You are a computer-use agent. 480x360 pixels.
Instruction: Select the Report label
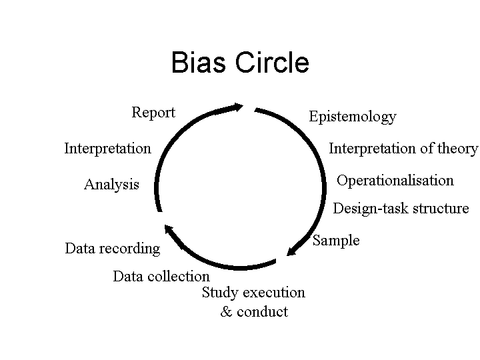153,113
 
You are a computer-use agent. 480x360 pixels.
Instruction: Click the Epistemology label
352,117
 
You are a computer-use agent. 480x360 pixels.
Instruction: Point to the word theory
458,148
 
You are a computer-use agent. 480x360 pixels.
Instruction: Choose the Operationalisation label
395,181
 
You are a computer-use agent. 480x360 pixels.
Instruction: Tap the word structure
441,209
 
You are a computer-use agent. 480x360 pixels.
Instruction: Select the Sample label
336,241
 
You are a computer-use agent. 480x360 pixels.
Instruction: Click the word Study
220,293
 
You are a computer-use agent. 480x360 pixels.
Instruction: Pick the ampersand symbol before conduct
226,312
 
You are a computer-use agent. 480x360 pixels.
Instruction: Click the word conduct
262,312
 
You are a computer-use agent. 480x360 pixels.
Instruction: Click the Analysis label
111,185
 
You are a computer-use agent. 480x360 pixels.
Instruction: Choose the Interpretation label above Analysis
107,148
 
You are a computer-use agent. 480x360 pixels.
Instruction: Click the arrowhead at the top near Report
236,107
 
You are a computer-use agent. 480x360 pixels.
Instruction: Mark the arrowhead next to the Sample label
292,251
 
